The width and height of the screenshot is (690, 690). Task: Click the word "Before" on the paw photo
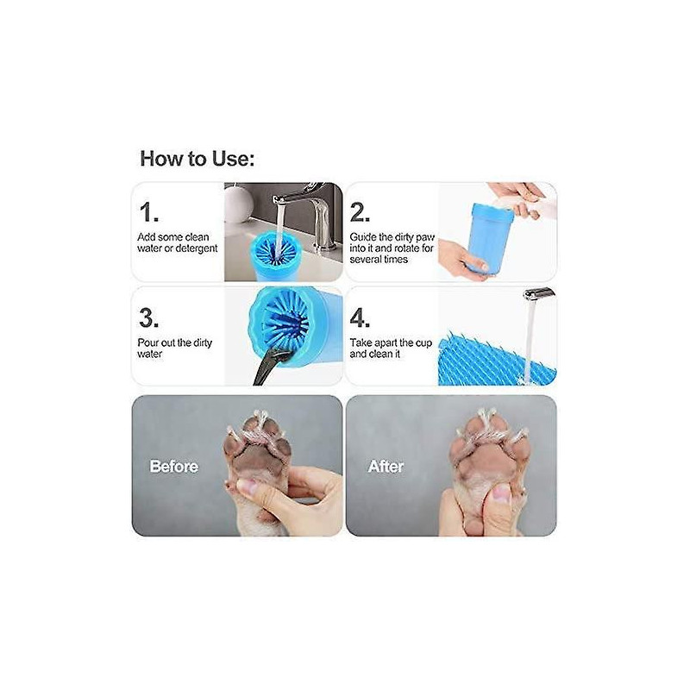click(174, 467)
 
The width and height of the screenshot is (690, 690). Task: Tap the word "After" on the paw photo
click(386, 467)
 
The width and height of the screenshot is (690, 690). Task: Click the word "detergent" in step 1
click(194, 248)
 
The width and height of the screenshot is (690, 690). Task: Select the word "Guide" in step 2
click(363, 237)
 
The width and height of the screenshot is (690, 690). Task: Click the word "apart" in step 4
click(395, 343)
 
